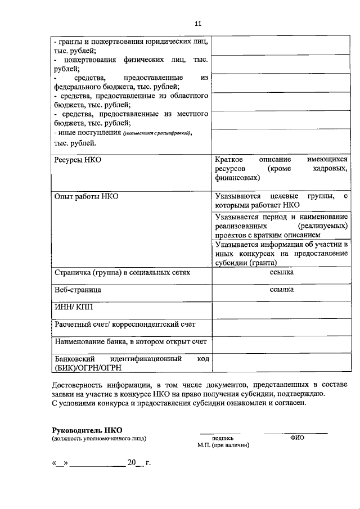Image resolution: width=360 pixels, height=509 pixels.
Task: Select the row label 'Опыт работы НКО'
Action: coord(86,196)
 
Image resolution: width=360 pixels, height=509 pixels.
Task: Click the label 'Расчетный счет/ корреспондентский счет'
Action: coord(125,325)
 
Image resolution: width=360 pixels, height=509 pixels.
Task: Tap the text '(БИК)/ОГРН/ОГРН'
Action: coord(88,368)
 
